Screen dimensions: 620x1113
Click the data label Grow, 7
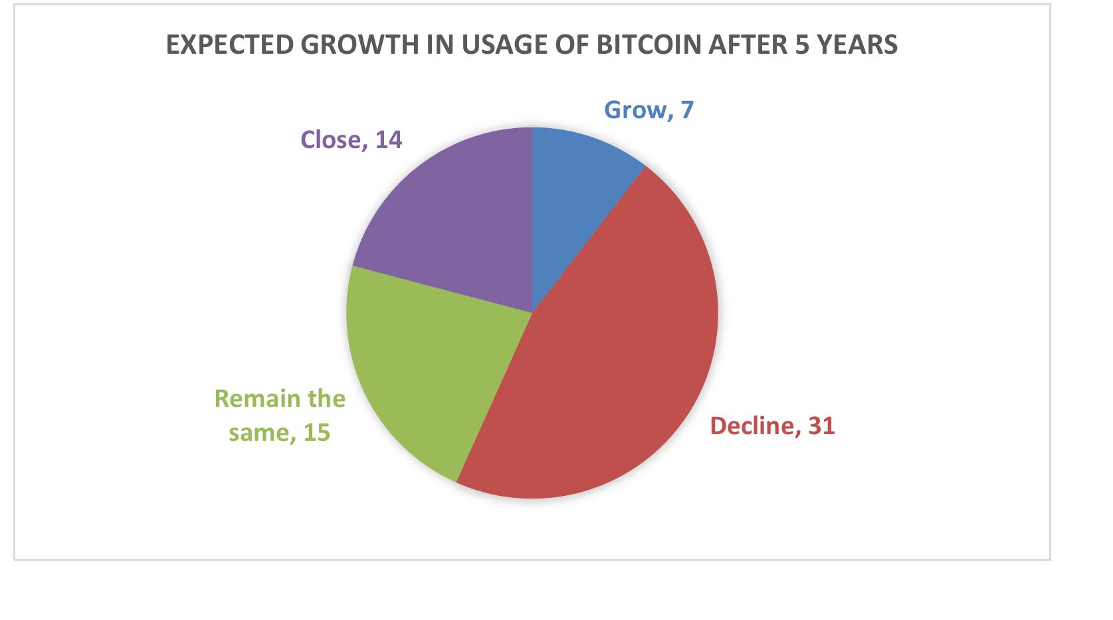pos(648,110)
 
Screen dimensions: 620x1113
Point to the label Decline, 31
pos(772,426)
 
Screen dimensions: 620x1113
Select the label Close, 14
pos(351,139)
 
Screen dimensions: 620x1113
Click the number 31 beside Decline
pos(821,426)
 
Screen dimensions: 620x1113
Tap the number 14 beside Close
pos(389,139)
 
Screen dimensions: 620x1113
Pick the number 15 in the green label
pos(316,433)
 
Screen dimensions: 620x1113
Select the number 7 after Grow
pos(687,110)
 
